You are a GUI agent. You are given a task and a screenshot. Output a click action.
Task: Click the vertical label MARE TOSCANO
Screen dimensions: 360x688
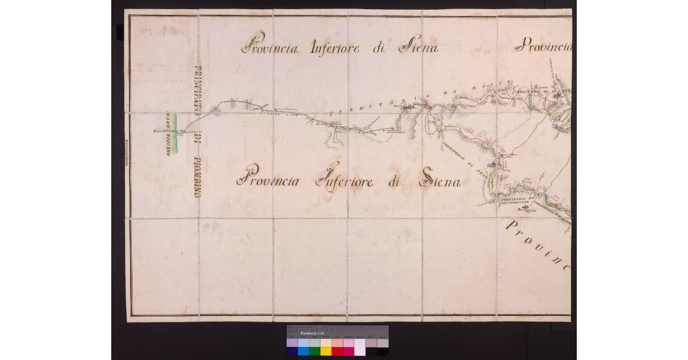pos(169,133)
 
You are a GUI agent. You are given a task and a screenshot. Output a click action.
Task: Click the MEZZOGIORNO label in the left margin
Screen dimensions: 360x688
pos(126,152)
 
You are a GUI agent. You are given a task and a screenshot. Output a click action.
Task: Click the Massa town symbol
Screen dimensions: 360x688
pos(408,107)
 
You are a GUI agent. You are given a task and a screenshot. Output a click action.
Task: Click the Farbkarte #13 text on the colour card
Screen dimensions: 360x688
pos(312,334)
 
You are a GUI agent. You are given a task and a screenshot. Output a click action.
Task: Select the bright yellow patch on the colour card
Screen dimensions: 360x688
pos(326,351)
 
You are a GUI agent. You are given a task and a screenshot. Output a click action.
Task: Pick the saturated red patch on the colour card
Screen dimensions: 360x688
pos(337,351)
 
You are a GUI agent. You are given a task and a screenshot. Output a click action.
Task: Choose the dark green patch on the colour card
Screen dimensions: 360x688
pos(314,351)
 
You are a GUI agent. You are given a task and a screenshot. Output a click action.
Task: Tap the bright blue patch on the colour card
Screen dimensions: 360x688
pos(303,351)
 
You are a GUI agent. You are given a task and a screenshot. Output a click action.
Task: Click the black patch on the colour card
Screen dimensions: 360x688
pos(382,351)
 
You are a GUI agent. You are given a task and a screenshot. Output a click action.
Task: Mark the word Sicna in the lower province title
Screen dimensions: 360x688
pos(441,182)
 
